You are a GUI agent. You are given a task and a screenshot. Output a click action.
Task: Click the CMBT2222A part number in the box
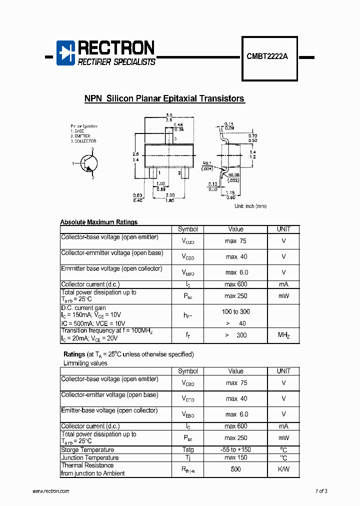point(267,57)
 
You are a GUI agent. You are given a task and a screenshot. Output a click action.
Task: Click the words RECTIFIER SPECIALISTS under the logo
point(116,62)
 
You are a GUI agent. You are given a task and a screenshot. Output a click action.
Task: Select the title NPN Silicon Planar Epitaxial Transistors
point(164,98)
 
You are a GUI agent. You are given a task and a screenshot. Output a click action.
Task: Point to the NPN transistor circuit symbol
point(88,163)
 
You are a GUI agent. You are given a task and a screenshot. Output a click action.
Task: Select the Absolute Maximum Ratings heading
point(98,222)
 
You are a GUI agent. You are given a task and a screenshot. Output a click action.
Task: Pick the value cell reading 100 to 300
point(235,312)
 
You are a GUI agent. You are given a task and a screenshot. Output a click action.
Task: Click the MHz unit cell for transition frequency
point(283,335)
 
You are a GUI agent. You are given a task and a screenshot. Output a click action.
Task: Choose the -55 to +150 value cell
point(235,450)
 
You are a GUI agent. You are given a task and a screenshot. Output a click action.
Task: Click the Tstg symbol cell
point(187,450)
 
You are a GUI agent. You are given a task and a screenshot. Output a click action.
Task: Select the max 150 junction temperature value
point(235,458)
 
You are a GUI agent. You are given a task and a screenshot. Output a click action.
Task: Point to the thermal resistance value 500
point(235,469)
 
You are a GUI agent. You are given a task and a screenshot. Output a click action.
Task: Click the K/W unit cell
point(283,469)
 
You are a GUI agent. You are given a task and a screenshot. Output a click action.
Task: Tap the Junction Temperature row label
point(90,458)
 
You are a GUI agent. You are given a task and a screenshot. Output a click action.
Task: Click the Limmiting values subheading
point(85,363)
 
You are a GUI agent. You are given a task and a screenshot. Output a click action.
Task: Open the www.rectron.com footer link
point(50,491)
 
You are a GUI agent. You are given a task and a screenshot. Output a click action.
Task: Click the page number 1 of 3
point(321,491)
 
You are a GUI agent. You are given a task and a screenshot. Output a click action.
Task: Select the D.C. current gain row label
point(83,308)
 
